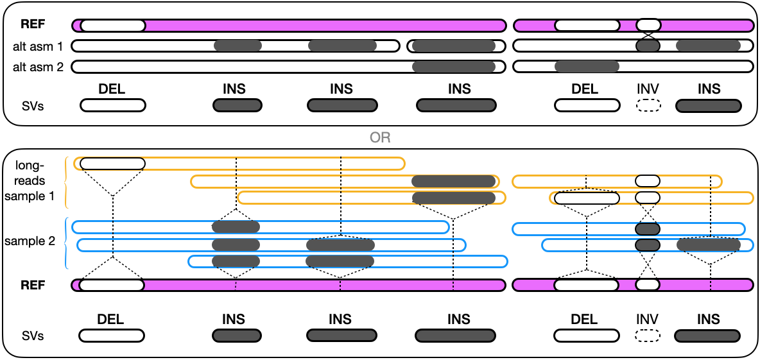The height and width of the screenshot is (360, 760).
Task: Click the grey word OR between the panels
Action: click(x=379, y=139)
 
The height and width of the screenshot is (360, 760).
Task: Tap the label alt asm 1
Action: click(x=39, y=46)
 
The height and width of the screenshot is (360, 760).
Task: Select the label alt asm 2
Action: click(x=39, y=66)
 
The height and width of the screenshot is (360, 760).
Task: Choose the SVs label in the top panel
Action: click(x=34, y=106)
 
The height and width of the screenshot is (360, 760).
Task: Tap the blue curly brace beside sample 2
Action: click(x=66, y=243)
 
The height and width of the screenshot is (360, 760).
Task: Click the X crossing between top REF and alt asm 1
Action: click(x=648, y=35)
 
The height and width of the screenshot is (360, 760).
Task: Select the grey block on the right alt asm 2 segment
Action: click(x=587, y=66)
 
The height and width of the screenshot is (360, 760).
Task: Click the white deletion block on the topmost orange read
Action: click(x=112, y=163)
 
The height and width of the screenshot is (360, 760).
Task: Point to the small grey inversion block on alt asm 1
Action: click(x=648, y=46)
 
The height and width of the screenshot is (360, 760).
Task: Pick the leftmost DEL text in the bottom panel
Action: click(x=111, y=320)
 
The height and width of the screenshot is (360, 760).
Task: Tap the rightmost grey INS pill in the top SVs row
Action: click(x=707, y=106)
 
